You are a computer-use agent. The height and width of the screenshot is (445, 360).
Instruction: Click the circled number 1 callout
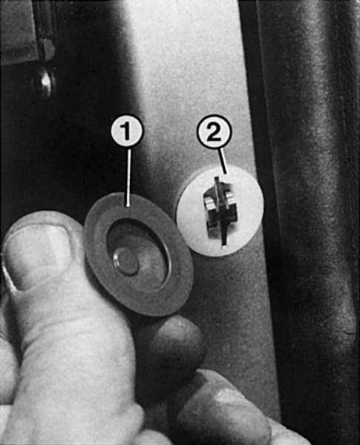(126, 131)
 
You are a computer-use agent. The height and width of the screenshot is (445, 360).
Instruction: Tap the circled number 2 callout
(215, 132)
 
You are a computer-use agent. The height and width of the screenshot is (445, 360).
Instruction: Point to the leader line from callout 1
(129, 177)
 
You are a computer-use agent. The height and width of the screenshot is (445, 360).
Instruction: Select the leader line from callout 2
(223, 161)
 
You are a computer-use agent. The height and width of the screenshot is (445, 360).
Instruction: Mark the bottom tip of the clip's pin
(224, 243)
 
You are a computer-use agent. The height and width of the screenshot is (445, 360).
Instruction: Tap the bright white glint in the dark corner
(45, 82)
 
